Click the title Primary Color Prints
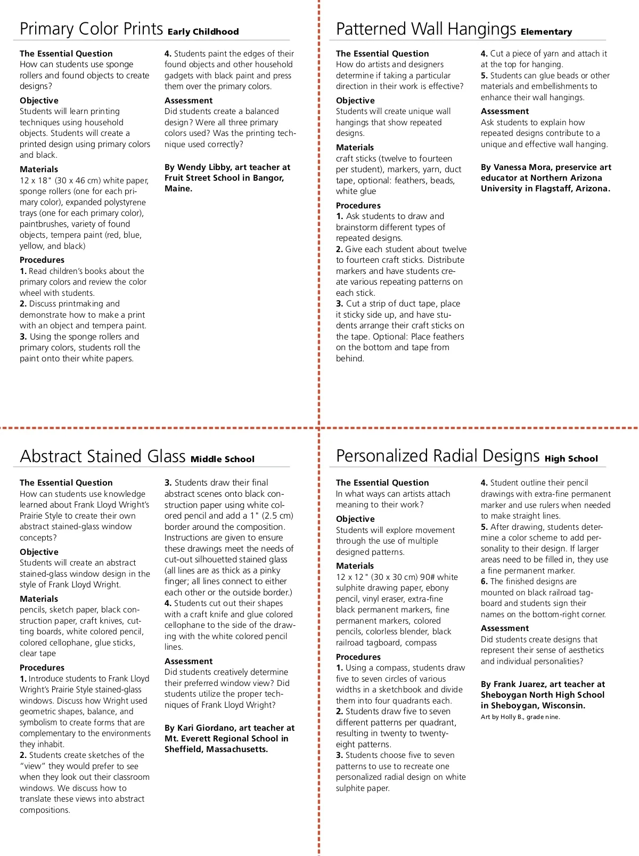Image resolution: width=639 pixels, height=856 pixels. click(91, 29)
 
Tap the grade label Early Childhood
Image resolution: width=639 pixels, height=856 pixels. click(203, 32)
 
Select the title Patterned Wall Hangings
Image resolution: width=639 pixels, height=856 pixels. click(425, 29)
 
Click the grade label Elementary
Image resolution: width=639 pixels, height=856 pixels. click(546, 32)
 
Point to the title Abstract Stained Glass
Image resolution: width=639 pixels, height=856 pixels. click(102, 456)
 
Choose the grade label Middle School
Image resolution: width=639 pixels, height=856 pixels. click(222, 459)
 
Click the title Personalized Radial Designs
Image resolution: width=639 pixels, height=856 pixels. click(438, 456)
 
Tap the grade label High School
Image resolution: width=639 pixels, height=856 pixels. click(571, 459)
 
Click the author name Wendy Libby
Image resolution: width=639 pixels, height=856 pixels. click(202, 167)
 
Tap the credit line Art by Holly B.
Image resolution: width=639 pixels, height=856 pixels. click(520, 717)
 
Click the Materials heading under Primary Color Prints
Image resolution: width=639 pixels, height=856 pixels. click(39, 169)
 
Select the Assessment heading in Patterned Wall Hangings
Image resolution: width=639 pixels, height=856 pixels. click(505, 111)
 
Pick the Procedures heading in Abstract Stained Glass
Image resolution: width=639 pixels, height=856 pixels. click(42, 668)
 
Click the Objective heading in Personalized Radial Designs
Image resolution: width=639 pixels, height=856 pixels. click(355, 519)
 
